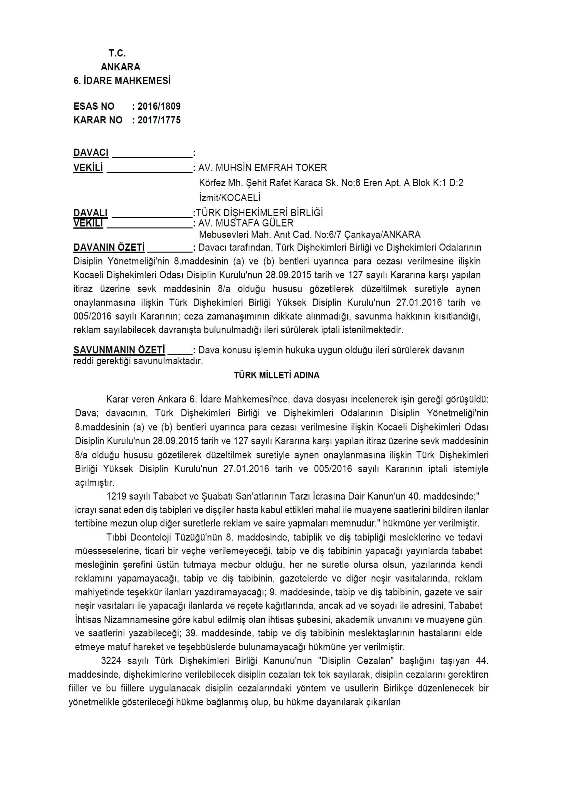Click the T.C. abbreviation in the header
pyautogui.click(x=117, y=53)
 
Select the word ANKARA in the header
pyautogui.click(x=120, y=67)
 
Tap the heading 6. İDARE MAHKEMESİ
pyautogui.click(x=122, y=81)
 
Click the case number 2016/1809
pyautogui.click(x=159, y=106)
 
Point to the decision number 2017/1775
pyautogui.click(x=159, y=120)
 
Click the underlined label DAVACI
pyautogui.click(x=91, y=152)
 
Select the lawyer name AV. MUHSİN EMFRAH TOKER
pyautogui.click(x=262, y=168)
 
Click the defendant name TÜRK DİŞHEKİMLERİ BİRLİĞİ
pyautogui.click(x=259, y=212)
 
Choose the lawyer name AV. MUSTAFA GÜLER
pyautogui.click(x=246, y=223)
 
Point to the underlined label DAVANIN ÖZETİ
pyautogui.click(x=109, y=247)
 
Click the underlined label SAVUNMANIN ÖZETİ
pyautogui.click(x=119, y=350)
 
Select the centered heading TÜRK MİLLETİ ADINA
pyautogui.click(x=277, y=375)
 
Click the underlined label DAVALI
pyautogui.click(x=91, y=212)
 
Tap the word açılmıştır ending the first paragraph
pyautogui.click(x=95, y=483)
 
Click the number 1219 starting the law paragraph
pyautogui.click(x=115, y=496)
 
